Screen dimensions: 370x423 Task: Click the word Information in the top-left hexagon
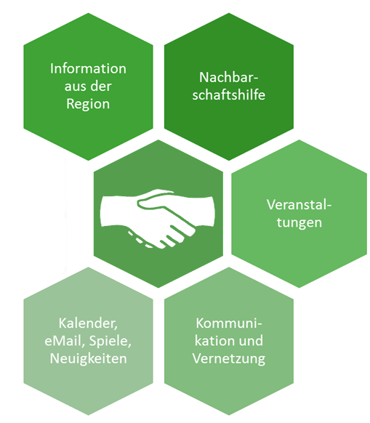click(88, 68)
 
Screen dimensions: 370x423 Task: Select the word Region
click(88, 104)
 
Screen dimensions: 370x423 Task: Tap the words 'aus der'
click(88, 86)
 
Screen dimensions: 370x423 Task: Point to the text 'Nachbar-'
click(229, 78)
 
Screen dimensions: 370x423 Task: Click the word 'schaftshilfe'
click(229, 94)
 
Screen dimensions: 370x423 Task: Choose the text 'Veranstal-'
click(299, 204)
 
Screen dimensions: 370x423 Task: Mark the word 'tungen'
click(299, 223)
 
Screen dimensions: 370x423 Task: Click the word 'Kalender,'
click(88, 323)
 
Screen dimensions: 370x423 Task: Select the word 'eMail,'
click(64, 341)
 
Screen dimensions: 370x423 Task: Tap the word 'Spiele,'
click(110, 342)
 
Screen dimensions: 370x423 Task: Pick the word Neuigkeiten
click(88, 359)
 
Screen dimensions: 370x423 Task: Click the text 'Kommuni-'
click(229, 323)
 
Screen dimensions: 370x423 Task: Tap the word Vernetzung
click(229, 359)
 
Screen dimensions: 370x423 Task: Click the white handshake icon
click(158, 219)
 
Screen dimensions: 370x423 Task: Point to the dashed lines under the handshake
click(140, 240)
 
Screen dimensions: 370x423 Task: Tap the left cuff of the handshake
click(108, 211)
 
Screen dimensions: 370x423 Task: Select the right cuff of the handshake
click(208, 211)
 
